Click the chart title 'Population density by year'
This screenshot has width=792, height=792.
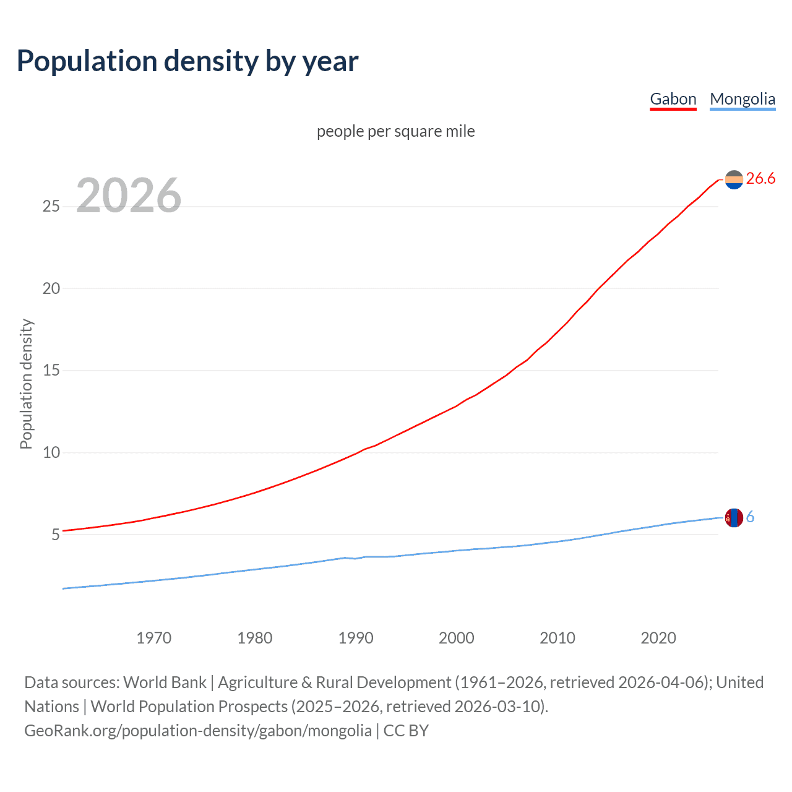187,61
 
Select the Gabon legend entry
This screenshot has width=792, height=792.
673,99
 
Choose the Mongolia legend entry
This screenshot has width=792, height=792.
742,99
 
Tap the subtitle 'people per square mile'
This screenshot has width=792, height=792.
395,131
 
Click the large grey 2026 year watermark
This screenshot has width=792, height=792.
129,196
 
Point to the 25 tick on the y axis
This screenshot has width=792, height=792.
51,206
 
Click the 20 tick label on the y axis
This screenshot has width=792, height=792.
51,288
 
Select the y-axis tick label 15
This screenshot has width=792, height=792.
51,371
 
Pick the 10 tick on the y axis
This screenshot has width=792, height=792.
51,452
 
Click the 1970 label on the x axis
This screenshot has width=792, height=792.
153,638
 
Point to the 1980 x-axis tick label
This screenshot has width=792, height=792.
254,638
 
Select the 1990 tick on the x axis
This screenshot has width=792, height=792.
356,638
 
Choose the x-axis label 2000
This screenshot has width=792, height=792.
457,638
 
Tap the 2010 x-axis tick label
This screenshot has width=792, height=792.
557,638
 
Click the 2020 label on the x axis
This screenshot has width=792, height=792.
658,638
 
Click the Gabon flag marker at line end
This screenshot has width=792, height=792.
734,179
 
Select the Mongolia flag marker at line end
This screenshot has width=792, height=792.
734,517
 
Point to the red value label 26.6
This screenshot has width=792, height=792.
760,179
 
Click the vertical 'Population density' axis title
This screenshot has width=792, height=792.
26,384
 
